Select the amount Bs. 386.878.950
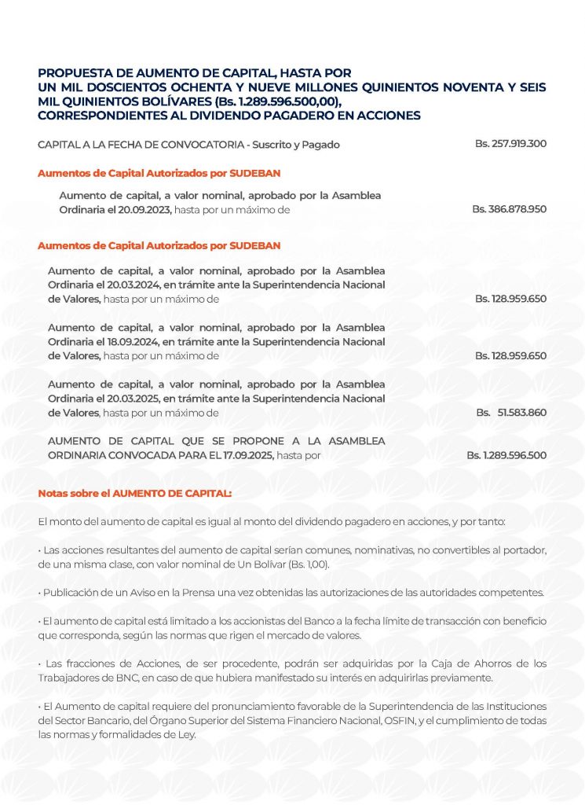tap(509, 209)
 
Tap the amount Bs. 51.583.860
tap(511, 412)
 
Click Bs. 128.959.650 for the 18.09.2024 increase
tap(510, 355)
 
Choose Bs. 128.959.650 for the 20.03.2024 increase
tap(510, 299)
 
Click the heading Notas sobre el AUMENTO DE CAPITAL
tap(134, 494)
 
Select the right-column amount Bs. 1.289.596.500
tap(506, 455)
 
